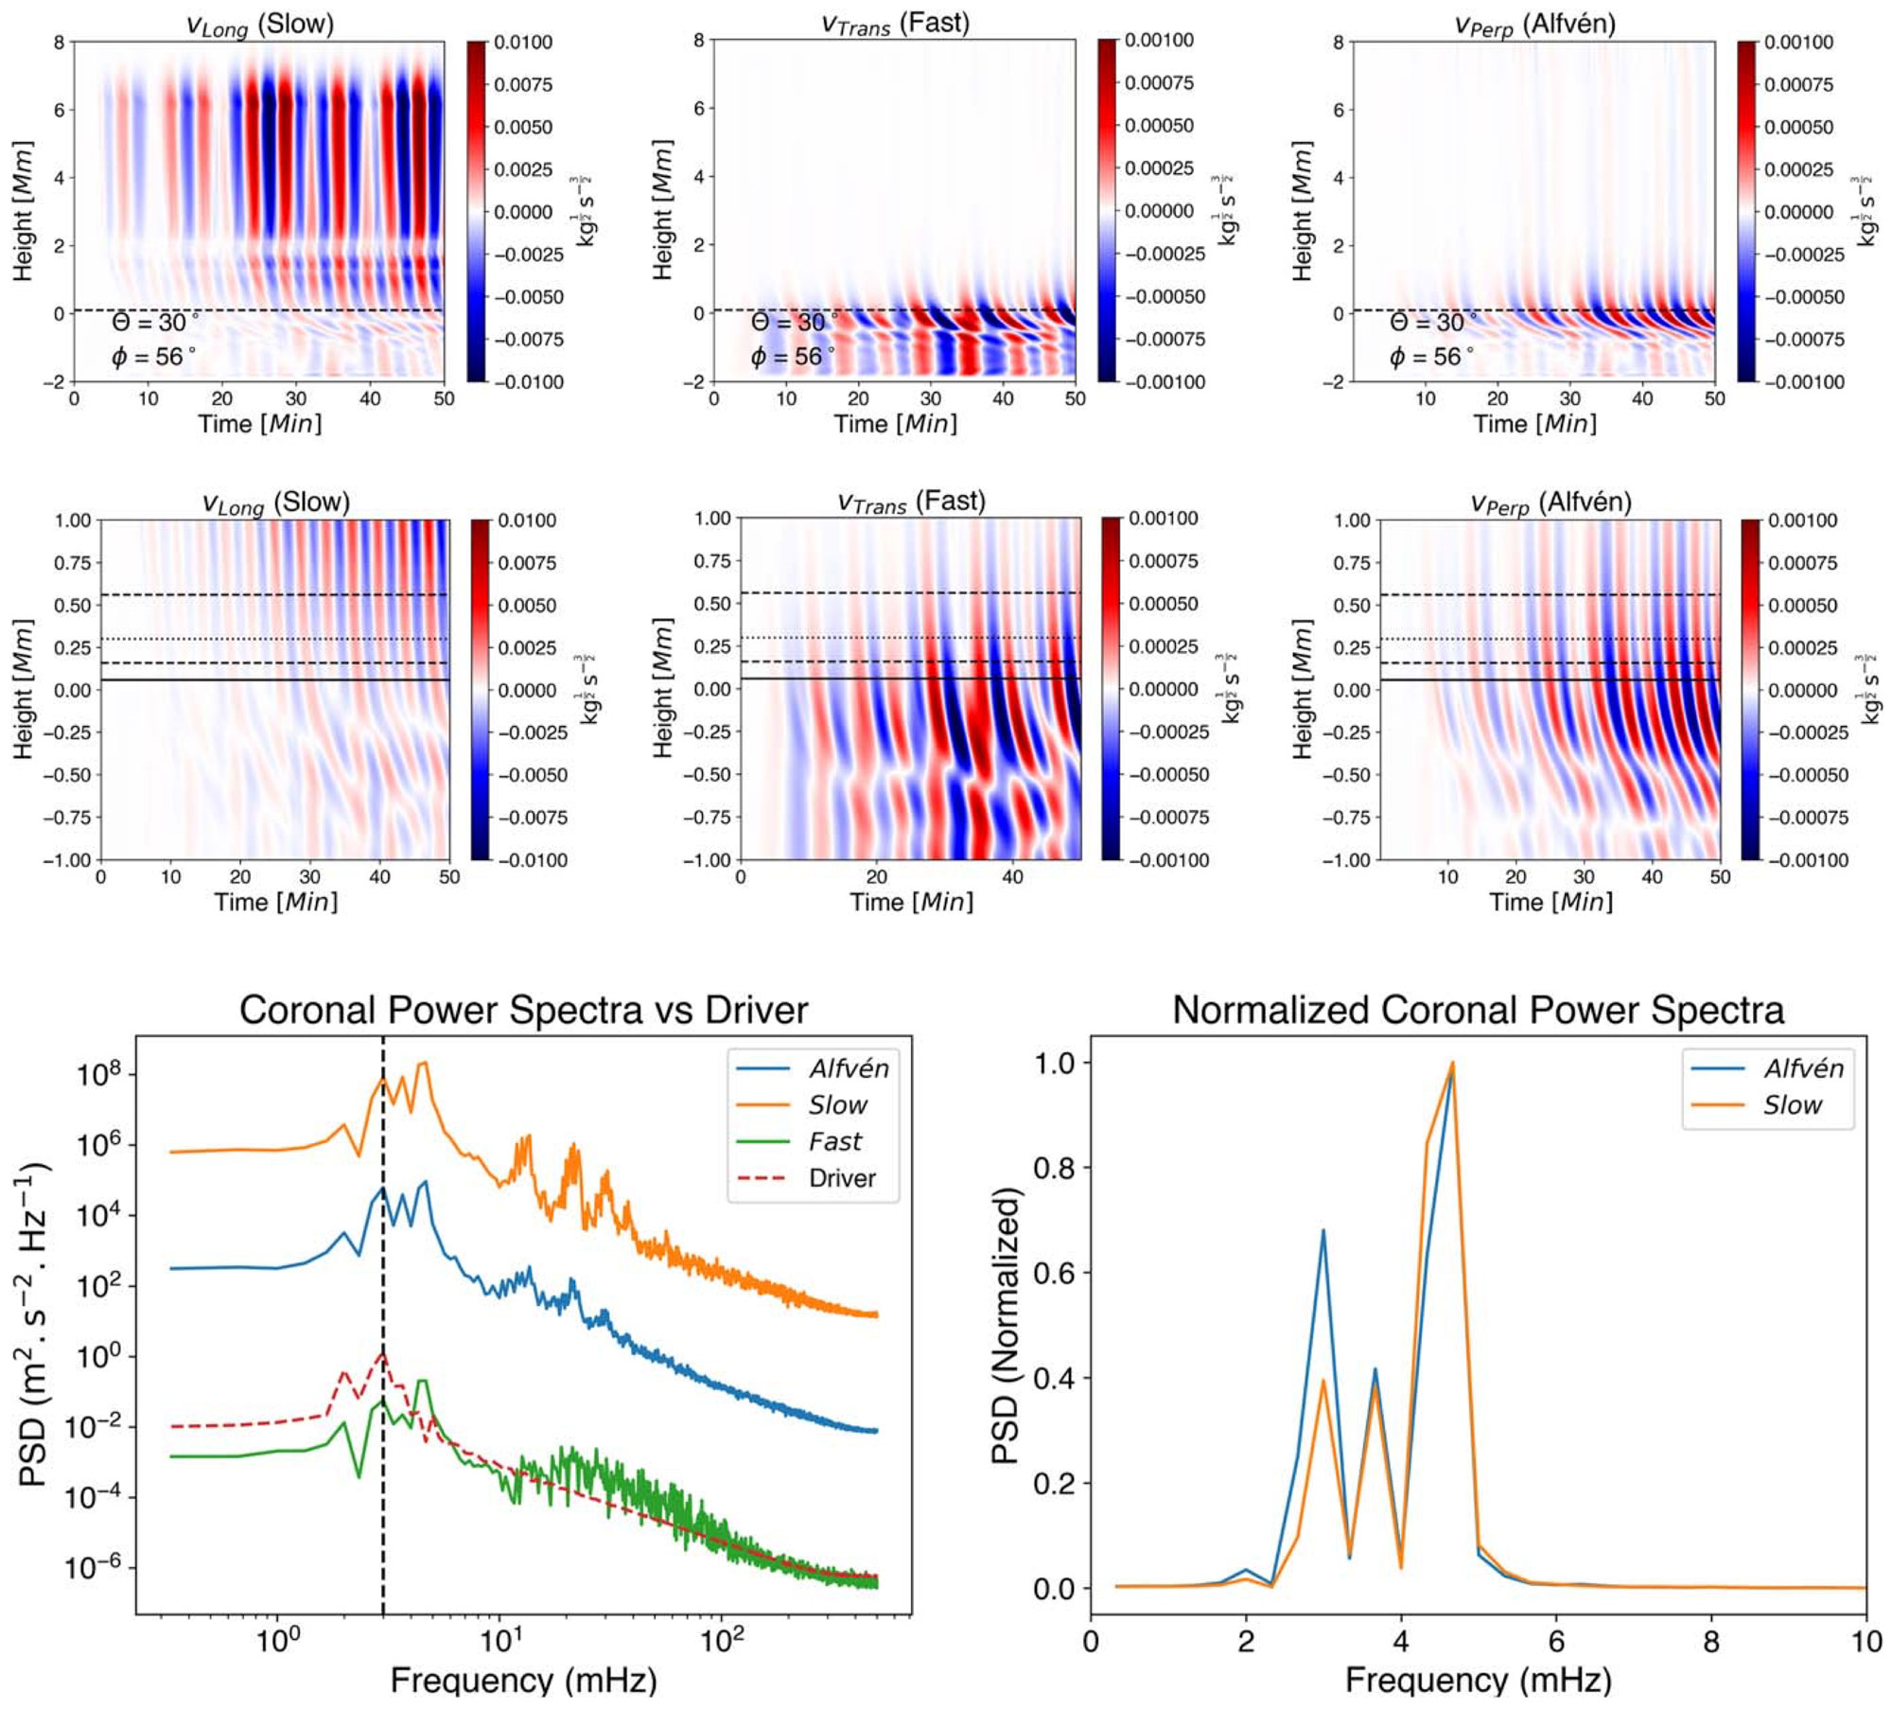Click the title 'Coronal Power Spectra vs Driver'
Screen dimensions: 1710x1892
pos(523,1010)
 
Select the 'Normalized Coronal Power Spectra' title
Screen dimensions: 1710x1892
pos(1478,1010)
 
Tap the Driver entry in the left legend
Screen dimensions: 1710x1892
pos(841,1178)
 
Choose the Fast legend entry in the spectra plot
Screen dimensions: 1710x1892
pos(834,1141)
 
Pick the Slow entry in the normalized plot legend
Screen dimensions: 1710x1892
pos(1792,1105)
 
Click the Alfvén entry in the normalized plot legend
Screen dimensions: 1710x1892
pos(1803,1068)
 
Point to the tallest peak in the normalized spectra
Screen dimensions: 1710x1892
pos(1452,1064)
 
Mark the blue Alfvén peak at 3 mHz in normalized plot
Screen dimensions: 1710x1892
pos(1323,1231)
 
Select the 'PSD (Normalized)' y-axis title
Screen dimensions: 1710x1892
pos(1007,1326)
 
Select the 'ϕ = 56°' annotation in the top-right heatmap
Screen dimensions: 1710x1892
pos(1430,357)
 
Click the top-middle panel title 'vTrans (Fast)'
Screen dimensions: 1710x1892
pos(895,24)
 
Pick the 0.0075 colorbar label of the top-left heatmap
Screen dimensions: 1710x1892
pos(523,84)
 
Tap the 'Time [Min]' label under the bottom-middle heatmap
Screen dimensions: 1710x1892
pos(911,901)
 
